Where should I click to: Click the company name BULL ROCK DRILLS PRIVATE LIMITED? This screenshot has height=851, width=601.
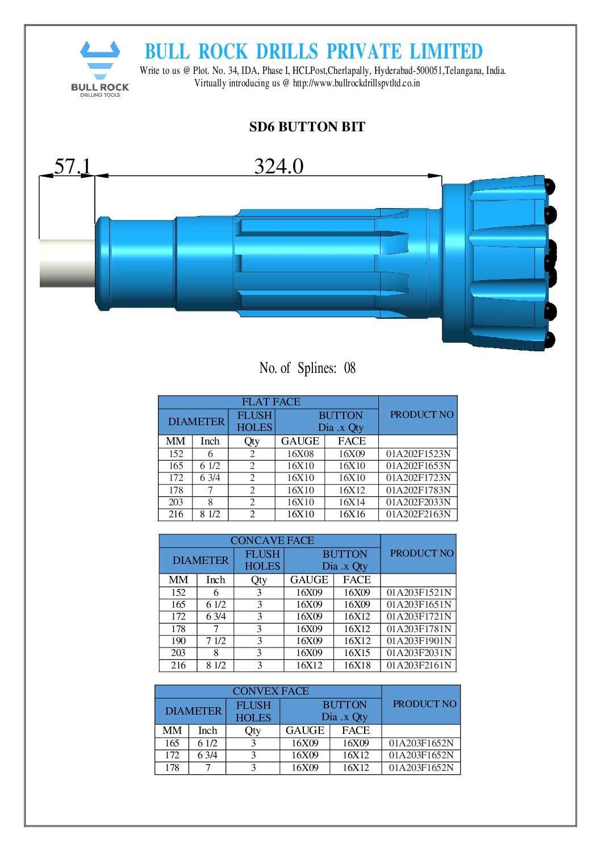click(313, 52)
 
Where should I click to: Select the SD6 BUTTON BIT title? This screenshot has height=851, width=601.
click(307, 127)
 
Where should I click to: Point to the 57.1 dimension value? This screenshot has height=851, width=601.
click(72, 166)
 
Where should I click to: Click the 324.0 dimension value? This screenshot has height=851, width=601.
click(278, 166)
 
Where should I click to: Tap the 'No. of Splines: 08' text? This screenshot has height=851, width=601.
click(307, 368)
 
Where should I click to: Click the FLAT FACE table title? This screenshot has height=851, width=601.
click(270, 402)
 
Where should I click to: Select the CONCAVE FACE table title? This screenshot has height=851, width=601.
click(272, 541)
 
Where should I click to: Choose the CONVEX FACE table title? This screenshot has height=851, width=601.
click(270, 691)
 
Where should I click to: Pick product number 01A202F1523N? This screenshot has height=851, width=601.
click(418, 454)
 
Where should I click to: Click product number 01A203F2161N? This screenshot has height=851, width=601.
click(419, 665)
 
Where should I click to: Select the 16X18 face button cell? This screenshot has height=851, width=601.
click(356, 665)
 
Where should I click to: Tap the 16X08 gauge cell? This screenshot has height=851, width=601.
click(300, 454)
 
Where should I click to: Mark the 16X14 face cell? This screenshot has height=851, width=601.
click(352, 502)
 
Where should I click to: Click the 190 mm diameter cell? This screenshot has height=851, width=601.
click(178, 641)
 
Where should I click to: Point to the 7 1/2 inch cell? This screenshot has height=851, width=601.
click(215, 641)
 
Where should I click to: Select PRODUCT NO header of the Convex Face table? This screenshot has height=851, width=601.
click(424, 704)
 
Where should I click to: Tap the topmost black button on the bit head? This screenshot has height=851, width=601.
click(549, 186)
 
